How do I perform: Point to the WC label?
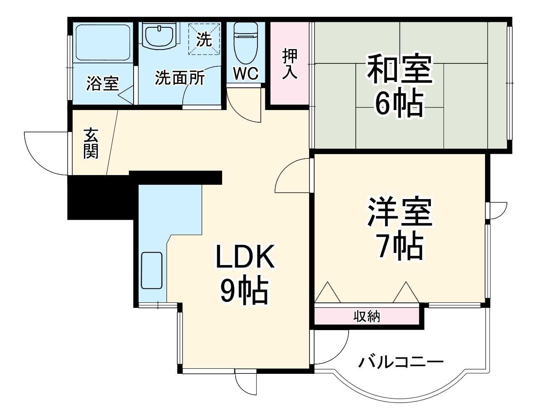click(x=245, y=74)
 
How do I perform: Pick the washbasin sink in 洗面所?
click(x=159, y=35)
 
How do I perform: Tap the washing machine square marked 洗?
click(x=204, y=39)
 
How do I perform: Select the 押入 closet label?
click(x=289, y=63)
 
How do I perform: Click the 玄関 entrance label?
click(x=91, y=143)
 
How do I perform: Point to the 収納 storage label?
click(x=366, y=316)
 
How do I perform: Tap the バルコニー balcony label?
click(x=401, y=361)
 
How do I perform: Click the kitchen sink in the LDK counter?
click(x=152, y=270)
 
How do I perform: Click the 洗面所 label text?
click(x=180, y=78)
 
